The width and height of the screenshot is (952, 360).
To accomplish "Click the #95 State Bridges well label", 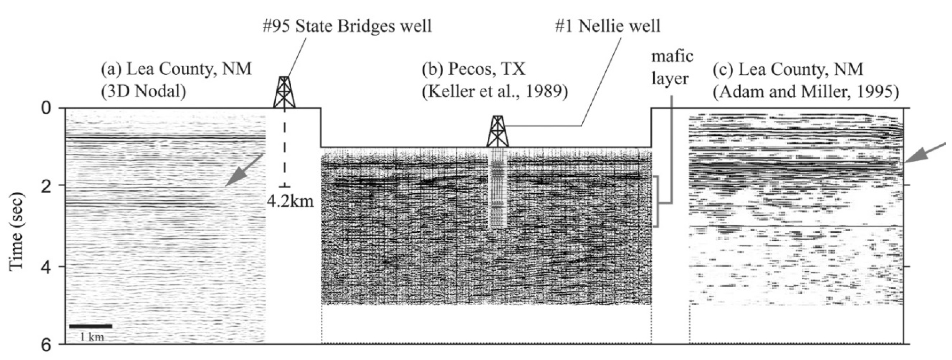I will click(347, 27).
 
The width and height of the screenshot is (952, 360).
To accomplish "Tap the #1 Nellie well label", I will click(608, 27).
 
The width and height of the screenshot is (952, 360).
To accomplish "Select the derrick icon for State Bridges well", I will click(284, 92).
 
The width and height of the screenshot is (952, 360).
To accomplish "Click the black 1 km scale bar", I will click(91, 326).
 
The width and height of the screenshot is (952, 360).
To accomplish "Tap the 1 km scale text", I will click(91, 337).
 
